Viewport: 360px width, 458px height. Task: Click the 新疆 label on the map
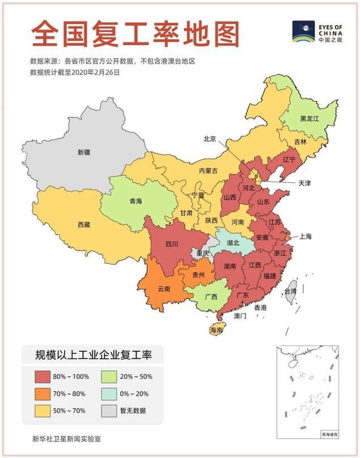pos(83,152)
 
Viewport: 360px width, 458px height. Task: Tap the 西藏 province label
pos(83,224)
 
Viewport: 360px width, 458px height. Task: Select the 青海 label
pos(135,201)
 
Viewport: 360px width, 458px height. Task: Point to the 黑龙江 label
pos(310,119)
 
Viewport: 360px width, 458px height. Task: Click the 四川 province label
pos(171,244)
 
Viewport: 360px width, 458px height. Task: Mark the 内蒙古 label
pos(208,171)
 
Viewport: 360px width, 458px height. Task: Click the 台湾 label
pos(290,291)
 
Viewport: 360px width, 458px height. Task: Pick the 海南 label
pos(216,330)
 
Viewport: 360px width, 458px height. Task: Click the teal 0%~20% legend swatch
pos(111,393)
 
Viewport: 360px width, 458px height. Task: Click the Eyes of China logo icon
pos(303,32)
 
